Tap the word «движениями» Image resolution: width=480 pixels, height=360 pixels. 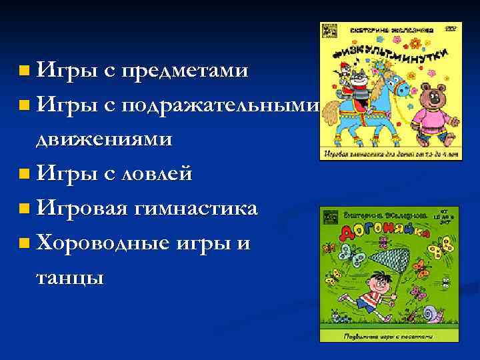[104, 139]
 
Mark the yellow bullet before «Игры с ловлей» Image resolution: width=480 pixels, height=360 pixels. [25, 175]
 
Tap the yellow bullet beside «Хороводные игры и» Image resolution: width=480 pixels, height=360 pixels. [25, 244]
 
